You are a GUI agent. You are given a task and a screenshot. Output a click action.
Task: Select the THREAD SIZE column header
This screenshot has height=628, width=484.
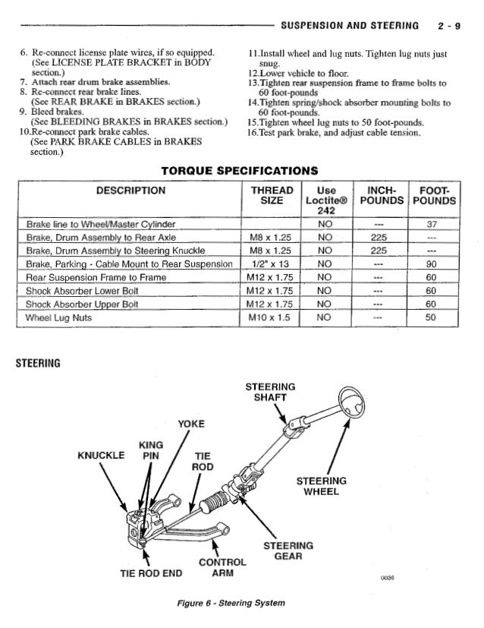pyautogui.click(x=266, y=194)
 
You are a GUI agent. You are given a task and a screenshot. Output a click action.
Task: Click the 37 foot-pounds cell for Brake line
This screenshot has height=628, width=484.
pyautogui.click(x=432, y=225)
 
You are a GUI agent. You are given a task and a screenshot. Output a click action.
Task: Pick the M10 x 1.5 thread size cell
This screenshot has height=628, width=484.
pyautogui.click(x=266, y=317)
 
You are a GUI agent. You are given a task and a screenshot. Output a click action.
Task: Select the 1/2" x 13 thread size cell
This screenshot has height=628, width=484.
pyautogui.click(x=266, y=264)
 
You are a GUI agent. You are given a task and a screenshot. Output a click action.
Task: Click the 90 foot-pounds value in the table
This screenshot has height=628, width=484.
pyautogui.click(x=432, y=264)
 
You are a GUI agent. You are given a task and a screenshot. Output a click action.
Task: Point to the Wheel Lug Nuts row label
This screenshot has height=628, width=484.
pyautogui.click(x=58, y=317)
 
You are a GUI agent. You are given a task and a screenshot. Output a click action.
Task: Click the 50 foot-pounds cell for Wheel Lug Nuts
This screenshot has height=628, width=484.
pyautogui.click(x=432, y=317)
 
